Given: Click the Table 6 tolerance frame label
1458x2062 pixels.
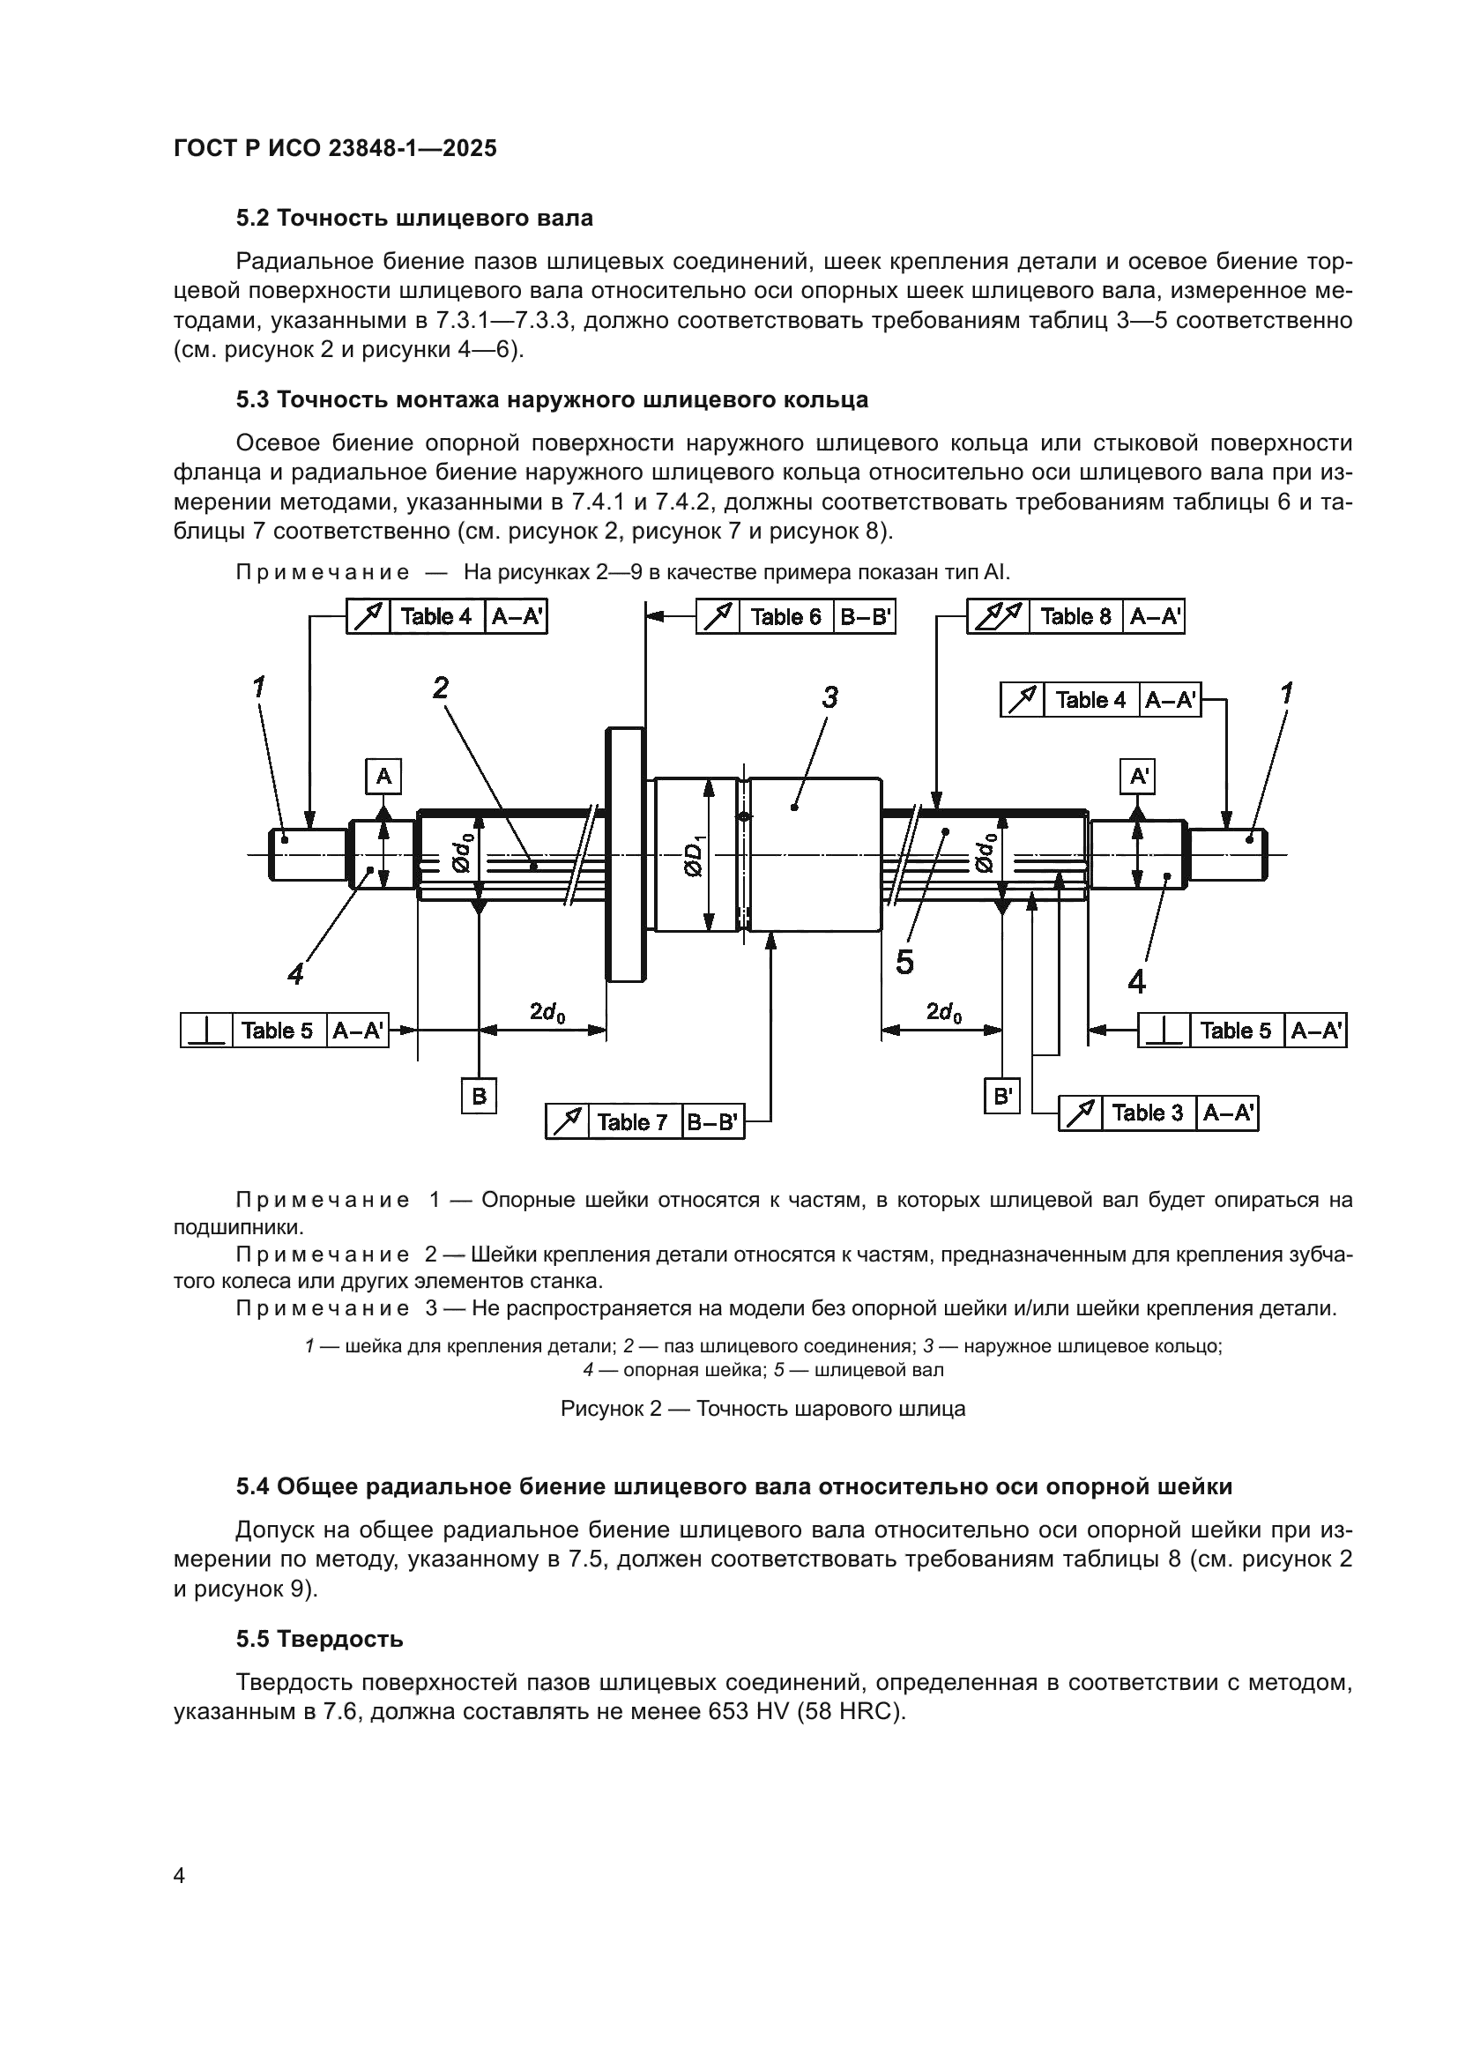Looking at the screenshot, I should (x=785, y=617).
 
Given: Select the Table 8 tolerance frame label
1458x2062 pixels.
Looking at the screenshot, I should (x=1075, y=617).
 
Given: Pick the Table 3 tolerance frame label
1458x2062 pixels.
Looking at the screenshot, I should (x=1148, y=1113).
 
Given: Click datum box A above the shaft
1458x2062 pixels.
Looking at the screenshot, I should (x=383, y=776).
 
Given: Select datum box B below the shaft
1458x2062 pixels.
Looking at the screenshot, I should (x=479, y=1096).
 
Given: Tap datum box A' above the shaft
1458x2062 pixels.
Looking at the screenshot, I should (x=1138, y=776).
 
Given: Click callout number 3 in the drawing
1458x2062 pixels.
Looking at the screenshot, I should (x=829, y=697).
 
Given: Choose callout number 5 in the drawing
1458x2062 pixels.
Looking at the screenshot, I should (x=905, y=962).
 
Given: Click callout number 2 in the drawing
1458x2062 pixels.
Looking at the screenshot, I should (x=440, y=688).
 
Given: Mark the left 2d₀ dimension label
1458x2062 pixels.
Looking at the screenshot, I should (x=547, y=1012).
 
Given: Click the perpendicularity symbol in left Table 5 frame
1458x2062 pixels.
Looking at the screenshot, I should (x=207, y=1030).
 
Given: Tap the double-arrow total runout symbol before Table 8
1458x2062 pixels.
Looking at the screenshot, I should (x=999, y=617).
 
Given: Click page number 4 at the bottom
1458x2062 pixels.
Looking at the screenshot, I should (x=180, y=1875).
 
